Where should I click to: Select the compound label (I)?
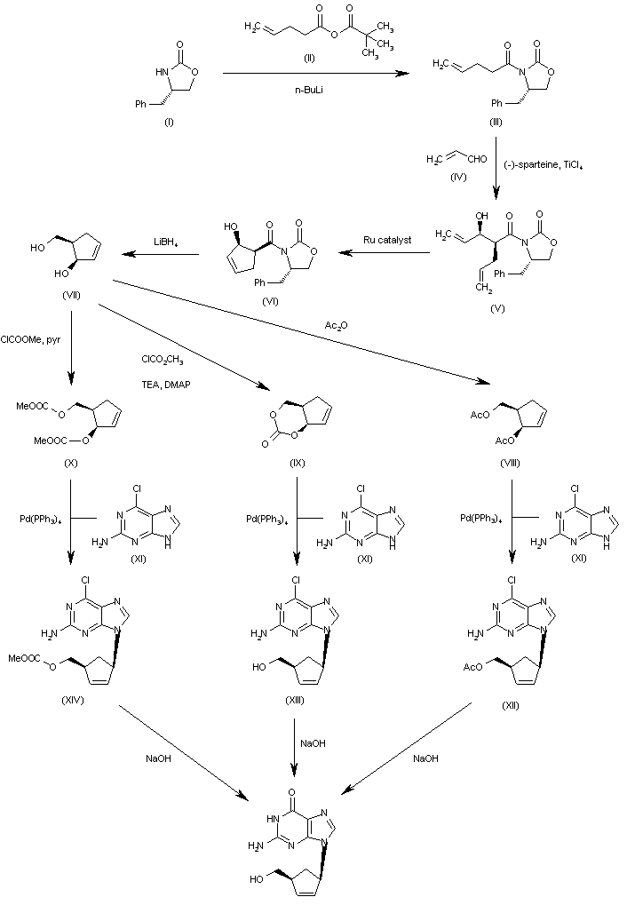coord(169,122)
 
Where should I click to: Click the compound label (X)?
coord(71,463)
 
